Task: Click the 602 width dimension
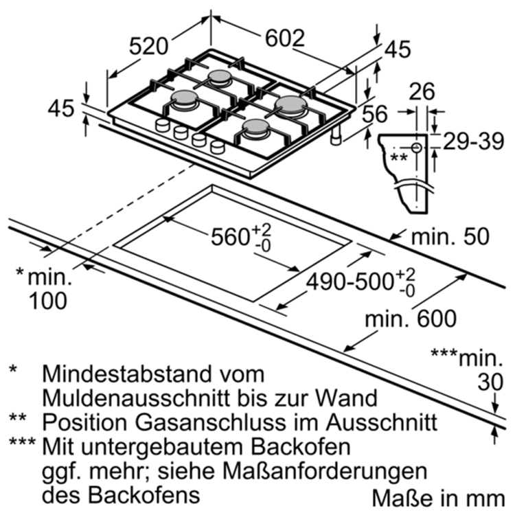pos(284,39)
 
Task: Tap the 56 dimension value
pos(375,114)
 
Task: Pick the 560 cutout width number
pos(229,237)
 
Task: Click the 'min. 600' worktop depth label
pos(411,319)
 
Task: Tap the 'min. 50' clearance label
pos(450,237)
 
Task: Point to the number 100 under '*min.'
pos(49,299)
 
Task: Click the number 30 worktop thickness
pos(489,382)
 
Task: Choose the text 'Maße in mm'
pos(440,496)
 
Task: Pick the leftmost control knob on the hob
pos(163,124)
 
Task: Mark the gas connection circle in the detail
pos(417,148)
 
